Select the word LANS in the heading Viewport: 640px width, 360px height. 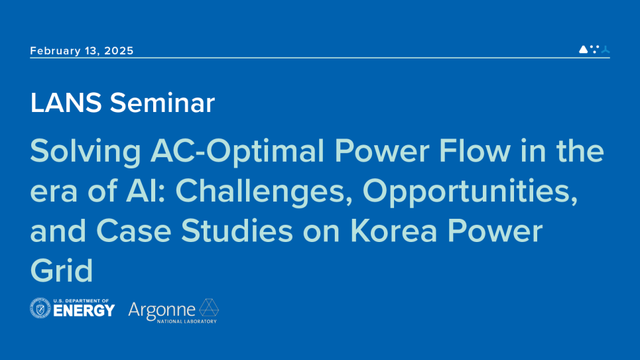66,103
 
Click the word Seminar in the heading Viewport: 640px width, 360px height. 162,103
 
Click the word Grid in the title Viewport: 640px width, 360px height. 61,270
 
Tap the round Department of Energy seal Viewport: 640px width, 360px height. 40,308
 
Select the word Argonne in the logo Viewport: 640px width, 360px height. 161,309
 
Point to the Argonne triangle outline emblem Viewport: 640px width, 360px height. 209,308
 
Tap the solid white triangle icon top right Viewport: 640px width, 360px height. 583,49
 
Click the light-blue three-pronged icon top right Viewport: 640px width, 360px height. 605,49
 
